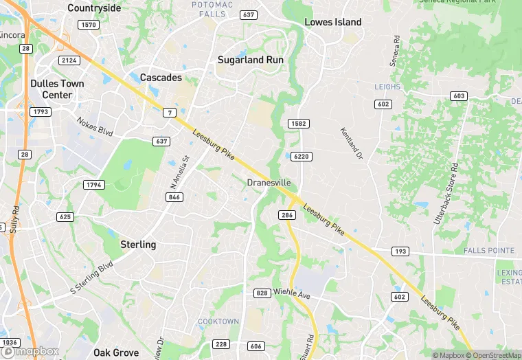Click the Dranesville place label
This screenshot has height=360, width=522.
pos(269,183)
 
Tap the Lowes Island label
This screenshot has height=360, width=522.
pos(332,22)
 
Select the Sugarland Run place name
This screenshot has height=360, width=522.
pos(251,60)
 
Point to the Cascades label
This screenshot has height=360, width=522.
pos(161,78)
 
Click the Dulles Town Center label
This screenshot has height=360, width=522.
pos(57,89)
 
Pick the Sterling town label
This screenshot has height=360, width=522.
pos(138,245)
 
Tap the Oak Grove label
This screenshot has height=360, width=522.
pos(116,352)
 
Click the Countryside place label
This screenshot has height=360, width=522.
pos(94,8)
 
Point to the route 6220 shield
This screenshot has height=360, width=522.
pos(301,157)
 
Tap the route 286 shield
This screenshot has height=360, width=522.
pos(288,215)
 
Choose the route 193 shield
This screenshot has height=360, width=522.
pos(400,251)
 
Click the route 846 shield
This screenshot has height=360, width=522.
pos(174,197)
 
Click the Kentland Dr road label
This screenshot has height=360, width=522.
pos(351,144)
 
